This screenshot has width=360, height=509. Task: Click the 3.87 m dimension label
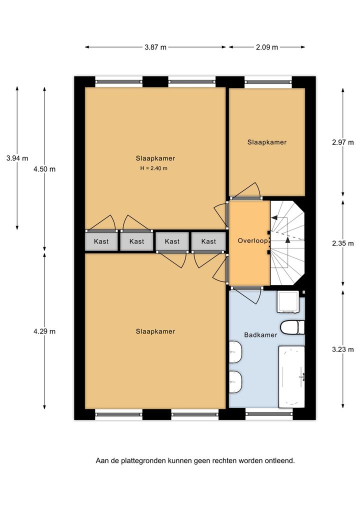[x=155, y=47]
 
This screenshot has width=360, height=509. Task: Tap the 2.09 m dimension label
[x=267, y=47]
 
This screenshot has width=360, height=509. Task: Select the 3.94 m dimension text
[x=17, y=158]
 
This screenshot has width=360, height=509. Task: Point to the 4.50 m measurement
[x=44, y=169]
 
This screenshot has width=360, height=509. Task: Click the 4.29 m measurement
[x=44, y=331]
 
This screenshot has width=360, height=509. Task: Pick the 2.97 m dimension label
[x=343, y=142]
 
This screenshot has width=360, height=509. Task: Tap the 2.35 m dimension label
[x=343, y=243]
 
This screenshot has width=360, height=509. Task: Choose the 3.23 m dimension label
[x=343, y=349]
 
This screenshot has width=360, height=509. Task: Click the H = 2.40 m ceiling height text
[x=154, y=168]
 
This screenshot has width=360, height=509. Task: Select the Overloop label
[x=252, y=241]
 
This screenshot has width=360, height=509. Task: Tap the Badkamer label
[x=260, y=335]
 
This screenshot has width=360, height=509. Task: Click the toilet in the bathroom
[x=292, y=327]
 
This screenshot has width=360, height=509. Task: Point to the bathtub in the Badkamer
[x=291, y=376]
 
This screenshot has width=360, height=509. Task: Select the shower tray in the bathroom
[x=288, y=302]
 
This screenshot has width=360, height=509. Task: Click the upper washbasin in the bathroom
[x=235, y=352]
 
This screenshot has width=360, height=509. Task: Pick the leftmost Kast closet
[x=101, y=241]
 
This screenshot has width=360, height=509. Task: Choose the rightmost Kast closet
[x=208, y=241]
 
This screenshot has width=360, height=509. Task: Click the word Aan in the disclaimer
[x=101, y=460]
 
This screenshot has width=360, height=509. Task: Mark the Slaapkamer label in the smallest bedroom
[x=267, y=142]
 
